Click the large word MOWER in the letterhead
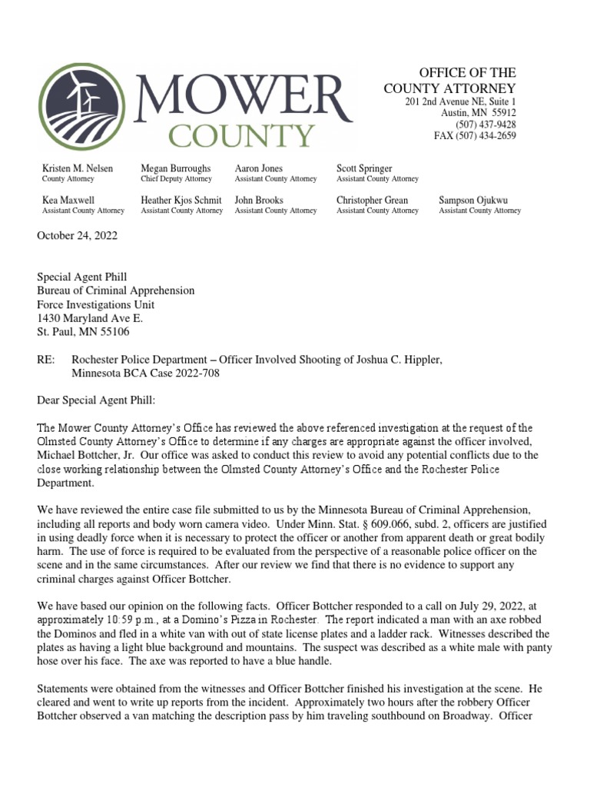242,95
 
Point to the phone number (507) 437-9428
486,125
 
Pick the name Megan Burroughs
176,168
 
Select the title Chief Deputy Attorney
176,179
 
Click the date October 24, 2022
78,236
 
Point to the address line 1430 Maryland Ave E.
90,317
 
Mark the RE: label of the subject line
46,360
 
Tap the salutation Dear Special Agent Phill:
97,400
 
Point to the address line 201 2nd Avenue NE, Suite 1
461,102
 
